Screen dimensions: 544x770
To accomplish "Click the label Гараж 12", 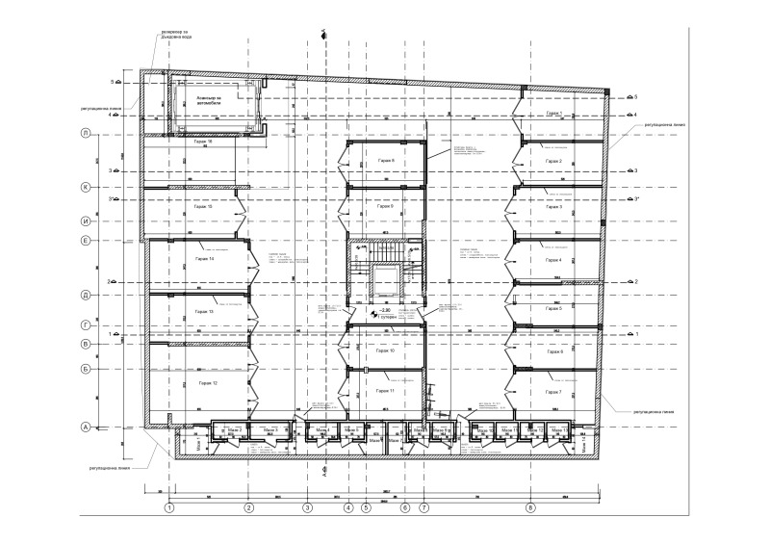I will pyautogui.click(x=209, y=383).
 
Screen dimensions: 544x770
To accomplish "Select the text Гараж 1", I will pyautogui.click(x=553, y=114).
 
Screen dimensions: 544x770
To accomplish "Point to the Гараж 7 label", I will pyautogui.click(x=553, y=393).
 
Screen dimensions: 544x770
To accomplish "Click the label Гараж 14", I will pyautogui.click(x=204, y=260).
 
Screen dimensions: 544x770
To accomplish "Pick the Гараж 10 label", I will pyautogui.click(x=386, y=351).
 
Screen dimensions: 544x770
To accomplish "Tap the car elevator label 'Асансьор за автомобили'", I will pyautogui.click(x=209, y=100).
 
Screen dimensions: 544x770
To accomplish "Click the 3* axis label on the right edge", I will pyautogui.click(x=635, y=199).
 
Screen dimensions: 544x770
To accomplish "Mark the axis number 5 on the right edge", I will pyautogui.click(x=635, y=96).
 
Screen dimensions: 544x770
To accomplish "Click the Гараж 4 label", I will pyautogui.click(x=553, y=260).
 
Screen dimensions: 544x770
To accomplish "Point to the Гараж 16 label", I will pyautogui.click(x=202, y=142).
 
